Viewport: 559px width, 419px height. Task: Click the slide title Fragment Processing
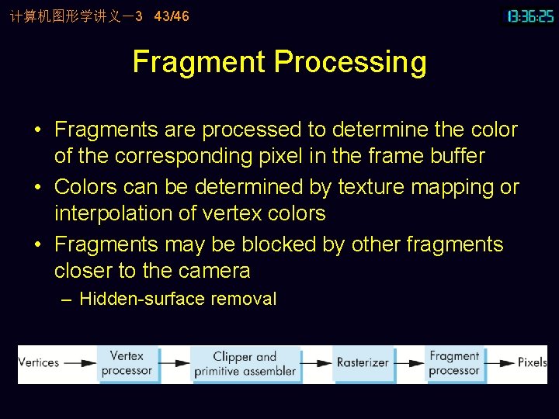[x=279, y=62]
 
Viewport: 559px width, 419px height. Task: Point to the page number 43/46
[x=172, y=16]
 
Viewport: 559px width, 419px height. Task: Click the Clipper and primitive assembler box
[x=245, y=364]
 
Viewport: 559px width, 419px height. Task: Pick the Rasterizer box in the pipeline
[x=363, y=362]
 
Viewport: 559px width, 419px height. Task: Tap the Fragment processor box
[x=454, y=363]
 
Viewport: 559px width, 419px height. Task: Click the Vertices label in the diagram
[x=39, y=362]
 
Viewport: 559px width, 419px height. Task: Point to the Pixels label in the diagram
[x=533, y=362]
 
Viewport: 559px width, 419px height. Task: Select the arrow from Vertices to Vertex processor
[x=80, y=362]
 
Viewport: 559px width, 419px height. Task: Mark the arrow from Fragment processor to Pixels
[x=501, y=362]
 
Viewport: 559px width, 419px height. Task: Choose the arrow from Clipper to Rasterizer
[x=316, y=362]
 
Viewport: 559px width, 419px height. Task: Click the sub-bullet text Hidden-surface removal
[x=178, y=299]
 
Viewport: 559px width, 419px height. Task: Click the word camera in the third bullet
[x=214, y=271]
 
